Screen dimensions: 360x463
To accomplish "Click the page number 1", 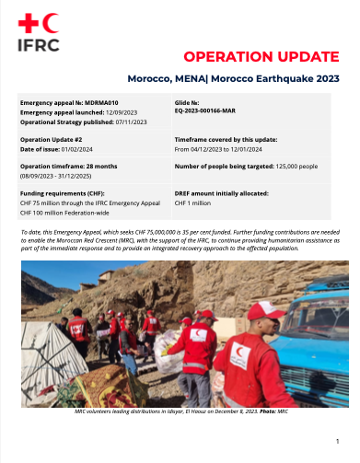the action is (338, 441).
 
